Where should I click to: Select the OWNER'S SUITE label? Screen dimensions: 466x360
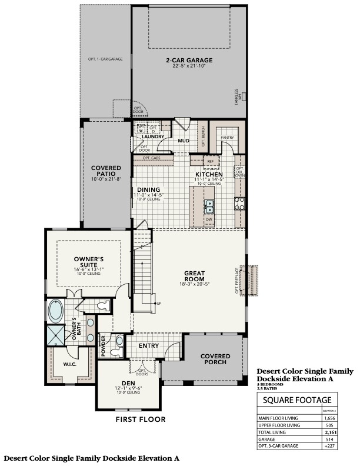[89, 261]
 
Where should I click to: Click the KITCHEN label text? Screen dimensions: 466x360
[209, 175]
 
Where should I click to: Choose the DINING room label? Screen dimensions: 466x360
[149, 190]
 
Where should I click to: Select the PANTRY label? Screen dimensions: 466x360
[228, 138]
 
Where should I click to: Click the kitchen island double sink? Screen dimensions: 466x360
[209, 205]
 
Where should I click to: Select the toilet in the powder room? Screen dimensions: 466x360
[119, 339]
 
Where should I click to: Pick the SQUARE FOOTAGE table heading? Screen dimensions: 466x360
[305, 400]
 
